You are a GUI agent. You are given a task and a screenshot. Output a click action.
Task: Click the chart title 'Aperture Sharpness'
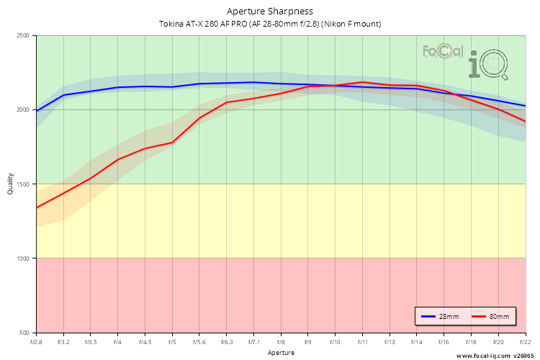270,12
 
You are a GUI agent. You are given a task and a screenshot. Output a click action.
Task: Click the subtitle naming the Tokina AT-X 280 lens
270,24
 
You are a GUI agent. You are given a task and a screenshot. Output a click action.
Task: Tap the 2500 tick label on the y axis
22,36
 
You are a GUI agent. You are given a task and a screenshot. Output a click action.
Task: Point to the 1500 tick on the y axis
22,184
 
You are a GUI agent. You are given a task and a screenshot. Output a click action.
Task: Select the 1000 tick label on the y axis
22,258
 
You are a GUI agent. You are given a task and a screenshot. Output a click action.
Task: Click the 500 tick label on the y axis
24,333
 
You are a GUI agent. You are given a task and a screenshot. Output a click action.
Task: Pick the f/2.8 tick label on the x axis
36,342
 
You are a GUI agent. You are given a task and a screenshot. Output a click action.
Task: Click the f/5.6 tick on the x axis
199,342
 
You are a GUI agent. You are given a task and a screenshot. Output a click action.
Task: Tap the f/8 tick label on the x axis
281,342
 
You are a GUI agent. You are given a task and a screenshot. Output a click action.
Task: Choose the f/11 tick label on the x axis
362,342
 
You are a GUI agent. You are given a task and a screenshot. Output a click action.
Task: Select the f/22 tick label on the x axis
525,342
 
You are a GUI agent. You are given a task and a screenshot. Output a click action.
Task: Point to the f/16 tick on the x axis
444,342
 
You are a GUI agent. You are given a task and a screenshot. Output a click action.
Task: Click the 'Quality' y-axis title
10,184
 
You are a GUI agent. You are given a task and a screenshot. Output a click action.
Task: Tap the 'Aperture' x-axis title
281,353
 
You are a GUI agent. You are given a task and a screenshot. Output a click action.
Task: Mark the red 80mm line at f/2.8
37,208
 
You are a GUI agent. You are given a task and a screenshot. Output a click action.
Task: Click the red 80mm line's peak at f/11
362,82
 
